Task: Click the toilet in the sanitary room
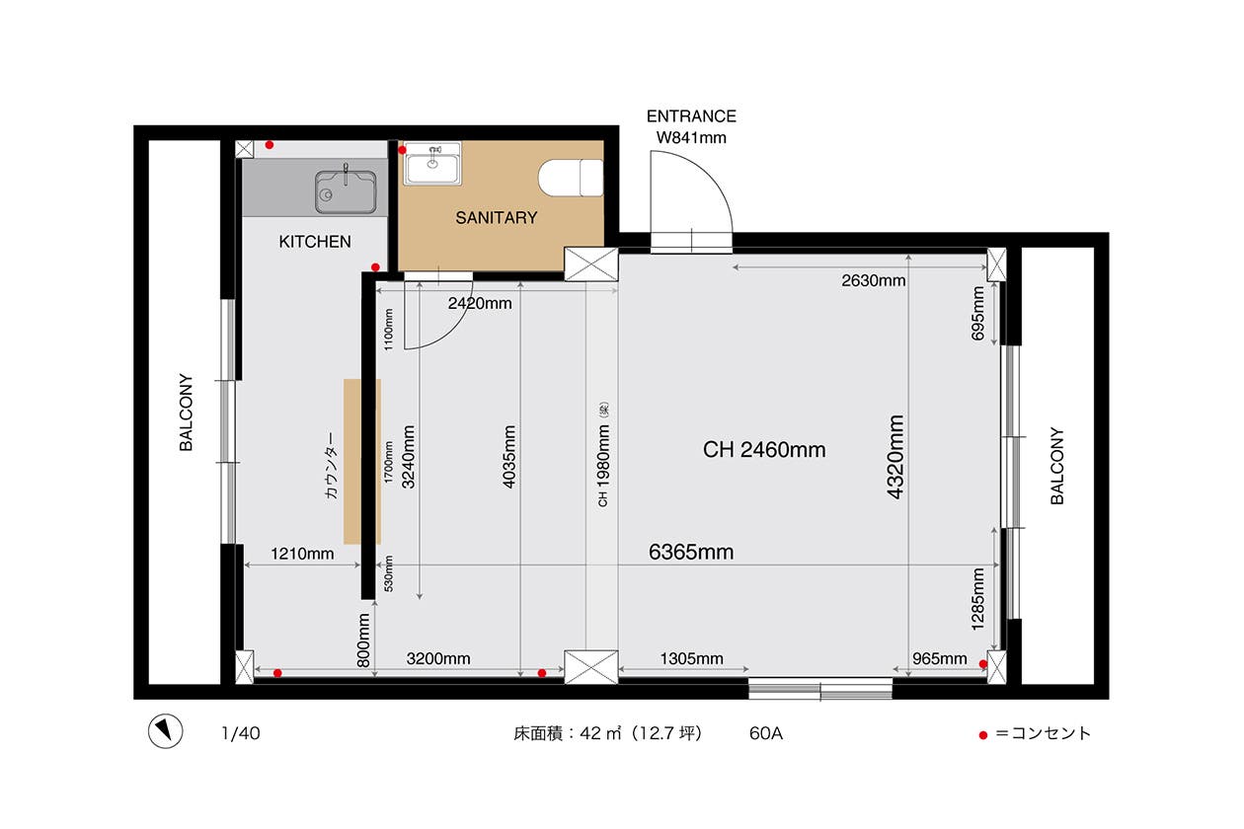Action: coord(571,178)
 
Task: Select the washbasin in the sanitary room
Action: coord(432,164)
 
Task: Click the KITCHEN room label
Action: coord(315,242)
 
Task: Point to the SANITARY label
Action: coord(497,218)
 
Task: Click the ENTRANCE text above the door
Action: coord(691,116)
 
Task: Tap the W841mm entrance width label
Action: coord(691,137)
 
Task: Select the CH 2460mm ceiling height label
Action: coord(764,450)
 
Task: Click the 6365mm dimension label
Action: coord(691,552)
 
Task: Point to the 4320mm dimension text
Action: coord(895,457)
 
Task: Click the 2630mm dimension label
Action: coord(874,280)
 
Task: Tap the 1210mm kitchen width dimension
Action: coord(302,554)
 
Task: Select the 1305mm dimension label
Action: coord(692,658)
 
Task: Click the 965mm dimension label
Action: coord(940,658)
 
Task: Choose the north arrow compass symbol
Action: coord(166,731)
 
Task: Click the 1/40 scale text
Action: coord(241,733)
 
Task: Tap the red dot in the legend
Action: coord(983,735)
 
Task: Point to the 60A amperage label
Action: coord(766,733)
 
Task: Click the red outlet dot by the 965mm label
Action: coord(983,664)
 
